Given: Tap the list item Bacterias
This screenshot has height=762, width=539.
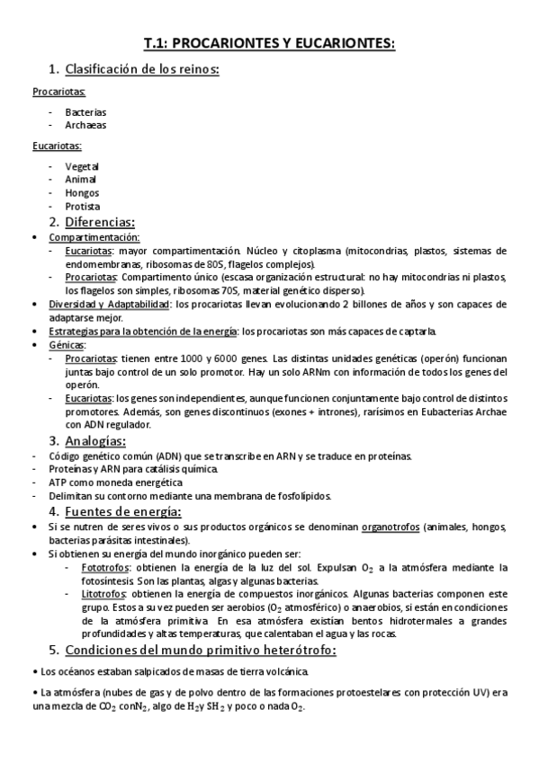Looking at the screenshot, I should coord(85,112).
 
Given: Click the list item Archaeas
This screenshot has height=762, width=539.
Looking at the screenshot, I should coord(85,126).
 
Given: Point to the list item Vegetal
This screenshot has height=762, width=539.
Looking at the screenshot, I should coord(82,166).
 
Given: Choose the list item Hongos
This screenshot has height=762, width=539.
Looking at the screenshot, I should coord(82,193).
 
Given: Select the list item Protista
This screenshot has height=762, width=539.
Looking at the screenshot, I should coord(83,207).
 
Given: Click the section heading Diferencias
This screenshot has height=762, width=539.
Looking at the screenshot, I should coord(99,222).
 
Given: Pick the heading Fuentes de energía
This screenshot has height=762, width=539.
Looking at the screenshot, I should coord(120,510).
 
